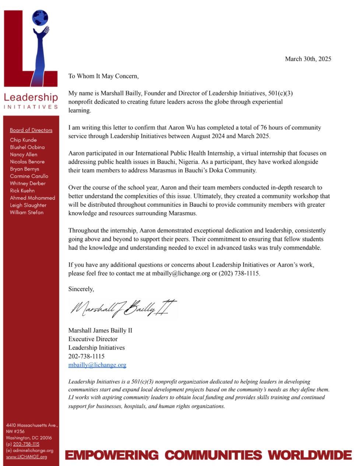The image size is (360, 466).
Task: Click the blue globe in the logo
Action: [x=40, y=18]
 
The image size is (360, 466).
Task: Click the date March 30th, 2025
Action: [x=308, y=59]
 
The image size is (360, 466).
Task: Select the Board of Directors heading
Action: [x=31, y=130]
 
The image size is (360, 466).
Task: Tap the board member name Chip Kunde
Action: [x=23, y=140]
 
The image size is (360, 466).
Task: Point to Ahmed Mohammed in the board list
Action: [x=32, y=198]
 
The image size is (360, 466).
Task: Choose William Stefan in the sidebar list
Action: [x=27, y=213]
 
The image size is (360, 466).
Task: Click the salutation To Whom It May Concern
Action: [x=104, y=76]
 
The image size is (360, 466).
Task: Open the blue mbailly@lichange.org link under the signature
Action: [x=97, y=365]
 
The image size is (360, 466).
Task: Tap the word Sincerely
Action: [x=81, y=289]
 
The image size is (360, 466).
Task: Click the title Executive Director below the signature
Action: [x=93, y=339]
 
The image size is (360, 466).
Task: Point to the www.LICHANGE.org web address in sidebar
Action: [x=27, y=457]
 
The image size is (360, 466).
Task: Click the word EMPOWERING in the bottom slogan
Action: [x=112, y=455]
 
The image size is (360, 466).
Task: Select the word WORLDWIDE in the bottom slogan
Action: [x=310, y=455]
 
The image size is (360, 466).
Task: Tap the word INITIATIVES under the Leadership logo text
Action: [x=31, y=107]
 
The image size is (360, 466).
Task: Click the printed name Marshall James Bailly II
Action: [x=100, y=330]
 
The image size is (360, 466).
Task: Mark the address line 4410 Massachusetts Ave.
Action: [x=32, y=425]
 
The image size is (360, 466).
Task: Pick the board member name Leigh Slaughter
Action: [x=28, y=205]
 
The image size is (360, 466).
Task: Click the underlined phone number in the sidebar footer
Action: [x=26, y=444]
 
